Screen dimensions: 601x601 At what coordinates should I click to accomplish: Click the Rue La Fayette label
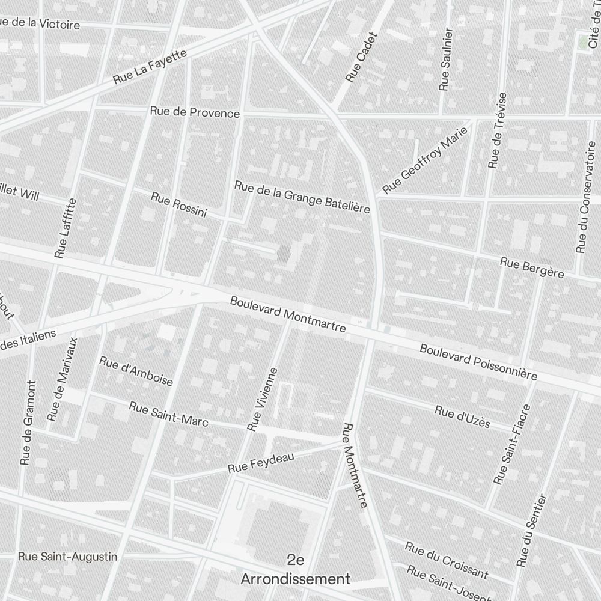pos(150,67)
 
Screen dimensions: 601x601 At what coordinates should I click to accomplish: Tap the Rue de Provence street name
pos(195,112)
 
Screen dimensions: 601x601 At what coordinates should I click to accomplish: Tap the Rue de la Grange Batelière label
pos(302,197)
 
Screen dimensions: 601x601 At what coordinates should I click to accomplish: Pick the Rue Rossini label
pos(179,205)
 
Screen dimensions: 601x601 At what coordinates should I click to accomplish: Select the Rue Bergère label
pos(532,268)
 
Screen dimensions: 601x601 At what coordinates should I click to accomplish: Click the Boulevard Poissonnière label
pos(478,362)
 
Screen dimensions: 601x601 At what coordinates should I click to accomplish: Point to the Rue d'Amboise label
pos(136,371)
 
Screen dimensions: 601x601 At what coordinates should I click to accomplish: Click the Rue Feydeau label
pos(261,462)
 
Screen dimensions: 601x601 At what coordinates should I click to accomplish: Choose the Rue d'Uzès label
pos(462,417)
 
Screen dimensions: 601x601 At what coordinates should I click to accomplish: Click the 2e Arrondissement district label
pos(295,570)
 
